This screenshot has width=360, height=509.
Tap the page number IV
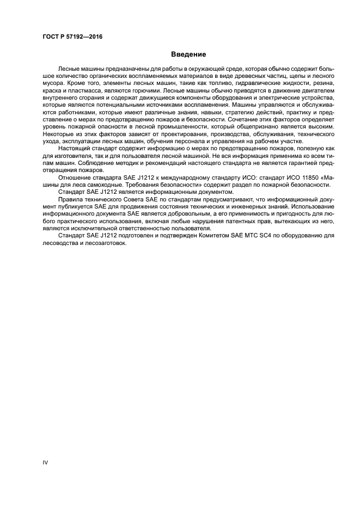46,462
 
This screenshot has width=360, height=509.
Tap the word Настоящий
73,148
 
